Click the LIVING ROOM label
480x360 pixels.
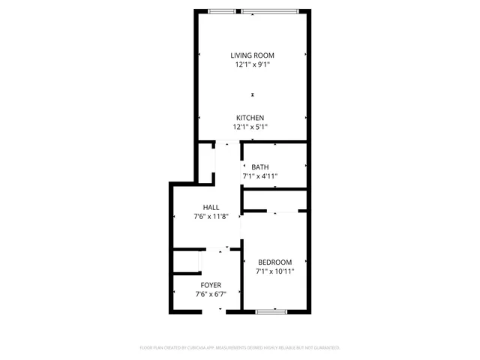252,55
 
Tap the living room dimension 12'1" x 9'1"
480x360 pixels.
252,64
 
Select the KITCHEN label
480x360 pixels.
250,118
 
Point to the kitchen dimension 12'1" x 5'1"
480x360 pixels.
250,127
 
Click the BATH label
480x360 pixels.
260,167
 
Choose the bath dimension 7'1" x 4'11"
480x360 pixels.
260,176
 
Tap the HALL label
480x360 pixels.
211,208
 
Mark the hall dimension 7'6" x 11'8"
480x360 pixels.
211,217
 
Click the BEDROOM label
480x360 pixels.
275,262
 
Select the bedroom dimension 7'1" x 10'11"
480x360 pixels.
275,271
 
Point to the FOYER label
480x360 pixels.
211,285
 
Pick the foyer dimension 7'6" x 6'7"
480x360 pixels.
211,294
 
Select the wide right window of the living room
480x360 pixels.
271,11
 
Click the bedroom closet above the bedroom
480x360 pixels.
275,200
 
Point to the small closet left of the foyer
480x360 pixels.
186,262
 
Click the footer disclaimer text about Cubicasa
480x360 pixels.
240,348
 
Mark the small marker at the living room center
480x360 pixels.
253,94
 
